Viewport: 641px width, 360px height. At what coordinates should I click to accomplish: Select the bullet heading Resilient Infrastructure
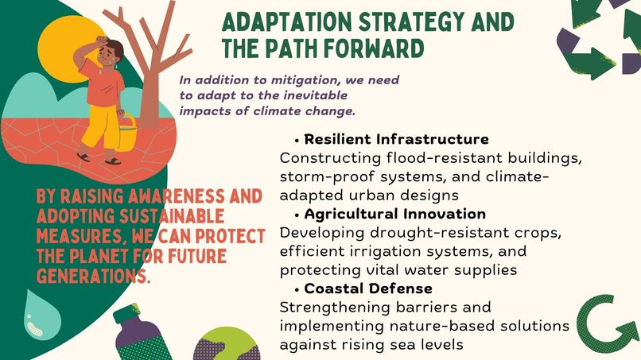pyautogui.click(x=396, y=140)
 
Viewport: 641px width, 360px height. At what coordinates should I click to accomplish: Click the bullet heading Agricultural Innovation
pyautogui.click(x=394, y=215)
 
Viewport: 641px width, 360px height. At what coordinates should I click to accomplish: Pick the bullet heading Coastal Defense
pyautogui.click(x=368, y=288)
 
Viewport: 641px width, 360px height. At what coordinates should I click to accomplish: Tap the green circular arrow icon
pyautogui.click(x=608, y=323)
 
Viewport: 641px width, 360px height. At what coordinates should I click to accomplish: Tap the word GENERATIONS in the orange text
pyautogui.click(x=88, y=276)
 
